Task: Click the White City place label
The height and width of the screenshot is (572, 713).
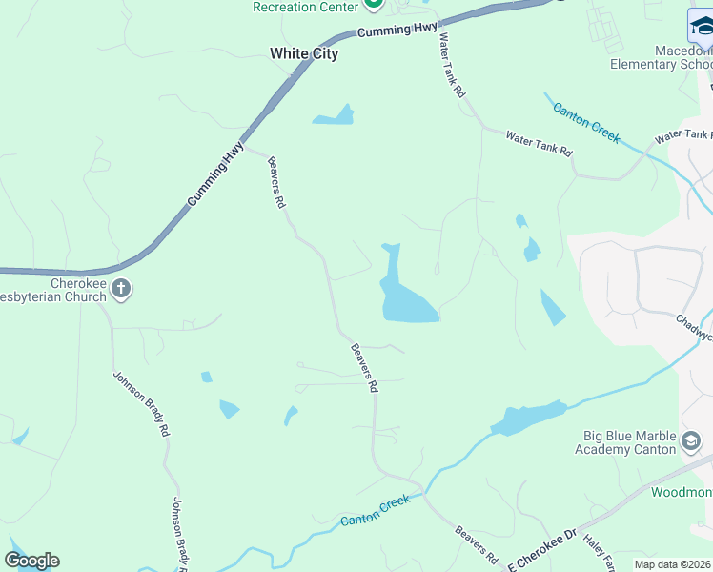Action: coord(304,53)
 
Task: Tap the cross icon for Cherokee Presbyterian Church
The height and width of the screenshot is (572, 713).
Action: coord(121,288)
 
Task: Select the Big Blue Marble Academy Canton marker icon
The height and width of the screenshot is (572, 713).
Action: coord(692,441)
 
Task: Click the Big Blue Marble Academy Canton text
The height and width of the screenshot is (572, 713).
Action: coord(629,442)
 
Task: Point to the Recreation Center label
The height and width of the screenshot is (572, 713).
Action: coord(304,7)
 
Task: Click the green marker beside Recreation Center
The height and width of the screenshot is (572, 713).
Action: coord(374,5)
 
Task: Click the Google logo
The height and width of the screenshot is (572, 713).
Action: coord(31,561)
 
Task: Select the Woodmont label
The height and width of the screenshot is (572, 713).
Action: coord(682,492)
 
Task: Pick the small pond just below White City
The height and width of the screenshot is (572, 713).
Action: coord(334,117)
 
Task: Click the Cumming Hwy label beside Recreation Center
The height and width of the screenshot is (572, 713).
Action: coord(397,31)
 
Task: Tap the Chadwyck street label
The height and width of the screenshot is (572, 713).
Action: coord(694,327)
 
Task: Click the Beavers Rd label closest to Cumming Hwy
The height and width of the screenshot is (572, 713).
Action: coord(276,183)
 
